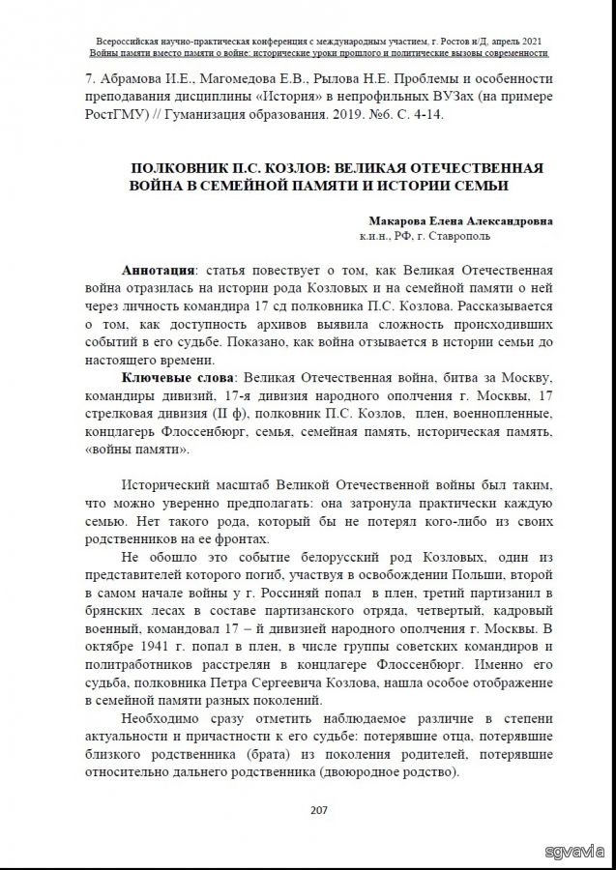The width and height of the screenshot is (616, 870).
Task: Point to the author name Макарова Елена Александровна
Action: click(461, 220)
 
